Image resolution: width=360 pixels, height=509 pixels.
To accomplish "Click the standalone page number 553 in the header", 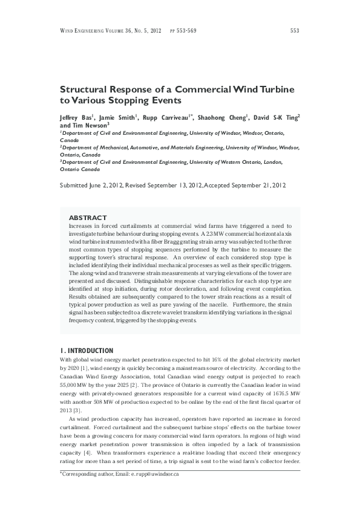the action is [x=295, y=30].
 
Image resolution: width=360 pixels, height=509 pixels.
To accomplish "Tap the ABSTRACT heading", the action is [x=88, y=218].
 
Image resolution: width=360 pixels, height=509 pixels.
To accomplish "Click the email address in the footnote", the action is [x=149, y=475].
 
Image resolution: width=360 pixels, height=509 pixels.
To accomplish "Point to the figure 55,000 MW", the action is [x=77, y=384].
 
